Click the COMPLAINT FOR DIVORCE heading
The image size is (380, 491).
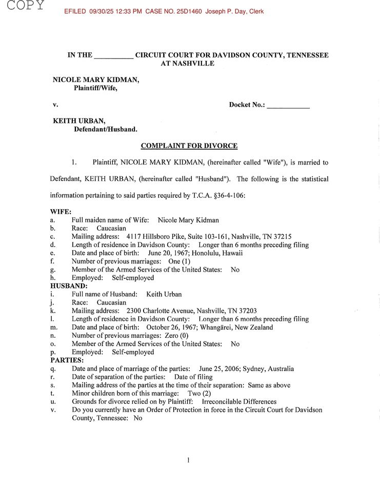[x=189, y=146]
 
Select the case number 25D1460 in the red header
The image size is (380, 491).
[x=190, y=11]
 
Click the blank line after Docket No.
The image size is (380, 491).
[x=288, y=106]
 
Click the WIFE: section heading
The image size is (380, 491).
[x=61, y=212]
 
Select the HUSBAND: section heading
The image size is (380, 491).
[x=69, y=286]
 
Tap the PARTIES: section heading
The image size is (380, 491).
[x=67, y=360]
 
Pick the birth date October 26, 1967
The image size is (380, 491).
[x=175, y=328]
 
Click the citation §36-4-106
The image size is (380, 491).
[x=227, y=195]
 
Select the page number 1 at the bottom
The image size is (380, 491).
[x=189, y=460]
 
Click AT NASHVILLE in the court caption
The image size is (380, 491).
[x=188, y=64]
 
